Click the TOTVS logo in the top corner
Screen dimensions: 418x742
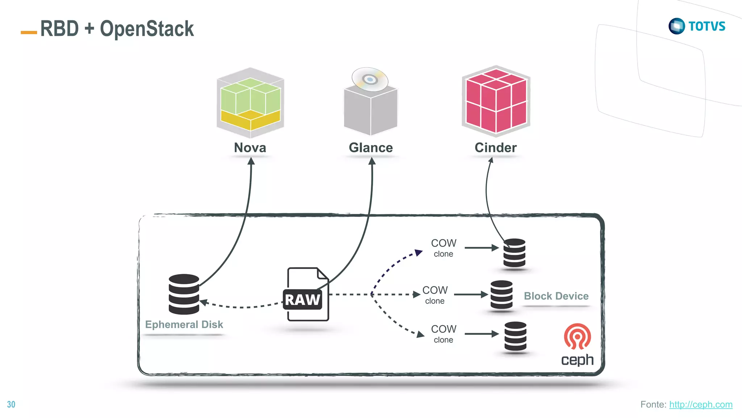(x=696, y=26)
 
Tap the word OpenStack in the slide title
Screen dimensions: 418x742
(x=147, y=29)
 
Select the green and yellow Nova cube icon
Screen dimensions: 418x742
(x=250, y=103)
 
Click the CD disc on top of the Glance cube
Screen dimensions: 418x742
(x=370, y=79)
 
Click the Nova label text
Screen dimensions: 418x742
(x=250, y=148)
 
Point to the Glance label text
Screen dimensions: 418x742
(x=371, y=148)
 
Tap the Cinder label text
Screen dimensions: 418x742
(x=495, y=148)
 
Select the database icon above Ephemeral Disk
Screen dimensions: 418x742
(x=184, y=294)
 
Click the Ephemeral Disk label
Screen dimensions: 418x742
(x=184, y=324)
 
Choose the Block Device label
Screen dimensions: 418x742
(x=556, y=296)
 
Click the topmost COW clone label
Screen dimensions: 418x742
(x=443, y=248)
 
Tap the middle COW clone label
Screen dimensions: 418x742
(x=435, y=295)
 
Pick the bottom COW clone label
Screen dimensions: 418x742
(x=443, y=334)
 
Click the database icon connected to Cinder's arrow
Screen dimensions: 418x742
(x=514, y=253)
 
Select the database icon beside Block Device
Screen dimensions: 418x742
(x=501, y=294)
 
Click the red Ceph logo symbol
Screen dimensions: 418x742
(x=577, y=336)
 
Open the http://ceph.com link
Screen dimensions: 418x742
(x=700, y=404)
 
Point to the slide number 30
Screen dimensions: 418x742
(x=11, y=404)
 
